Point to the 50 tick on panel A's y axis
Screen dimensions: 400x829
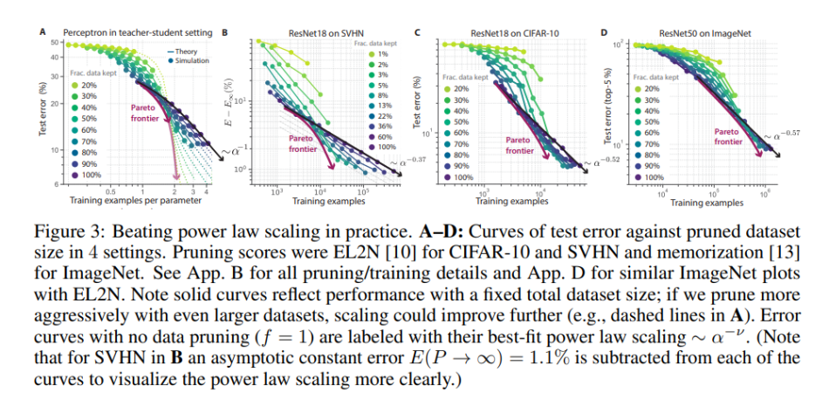point(54,43)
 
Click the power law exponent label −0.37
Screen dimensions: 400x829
point(402,161)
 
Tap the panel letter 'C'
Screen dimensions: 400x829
point(418,32)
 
